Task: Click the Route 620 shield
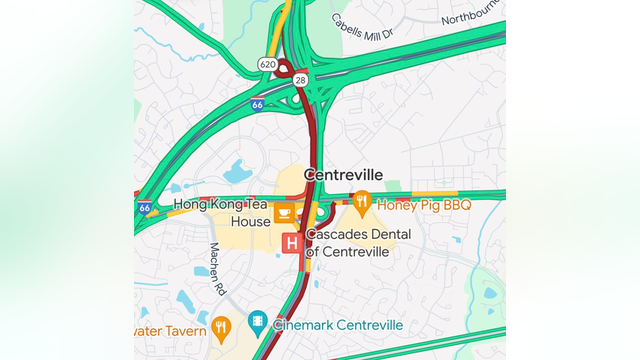click(x=266, y=64)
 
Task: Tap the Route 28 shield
click(x=299, y=77)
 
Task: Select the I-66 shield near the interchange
click(x=257, y=104)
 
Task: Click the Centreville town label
click(x=343, y=174)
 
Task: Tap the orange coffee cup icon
click(x=284, y=212)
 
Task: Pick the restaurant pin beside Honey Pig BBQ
click(x=361, y=202)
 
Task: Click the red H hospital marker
click(x=292, y=243)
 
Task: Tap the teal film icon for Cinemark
click(x=258, y=322)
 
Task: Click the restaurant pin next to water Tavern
click(x=221, y=326)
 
